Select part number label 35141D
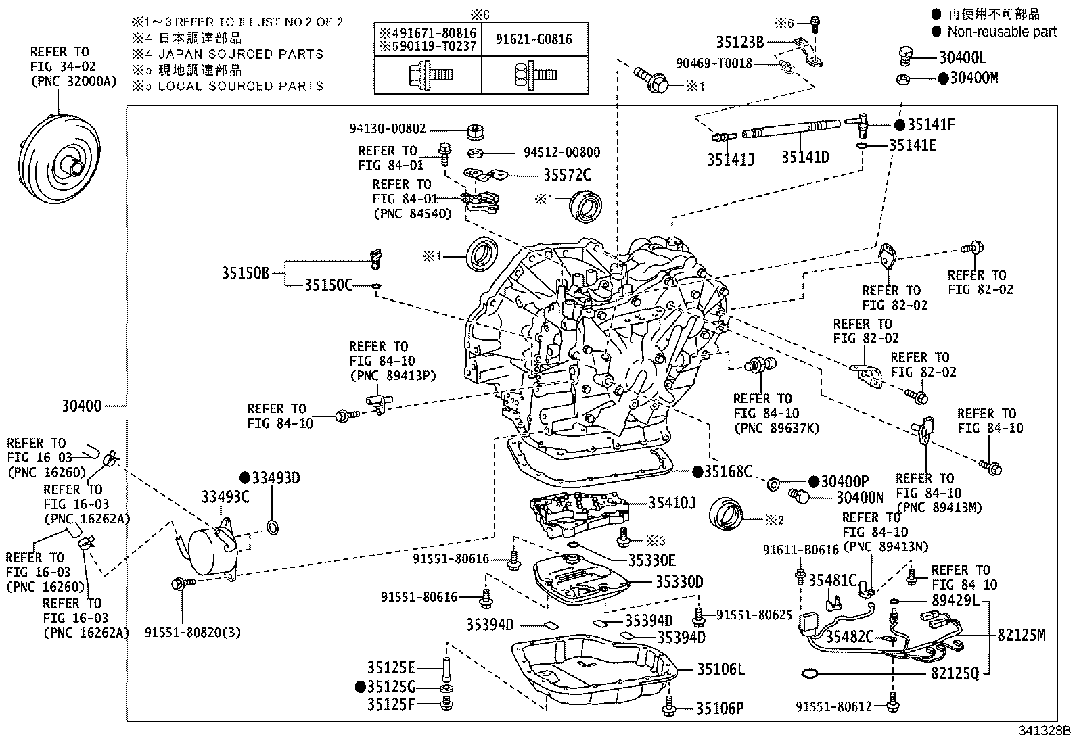pyautogui.click(x=805, y=158)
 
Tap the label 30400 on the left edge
pyautogui.click(x=82, y=406)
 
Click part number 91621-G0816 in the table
pyautogui.click(x=534, y=39)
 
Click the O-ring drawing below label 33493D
pyautogui.click(x=272, y=527)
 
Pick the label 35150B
pyautogui.click(x=246, y=273)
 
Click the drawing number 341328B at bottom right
pyautogui.click(x=1045, y=731)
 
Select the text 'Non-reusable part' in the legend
pyautogui.click(x=1001, y=31)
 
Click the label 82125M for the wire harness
pyautogui.click(x=1022, y=635)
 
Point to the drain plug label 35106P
pyautogui.click(x=720, y=709)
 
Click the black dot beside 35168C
pyautogui.click(x=697, y=471)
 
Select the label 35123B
pyautogui.click(x=740, y=43)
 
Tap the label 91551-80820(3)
pyautogui.click(x=193, y=633)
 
